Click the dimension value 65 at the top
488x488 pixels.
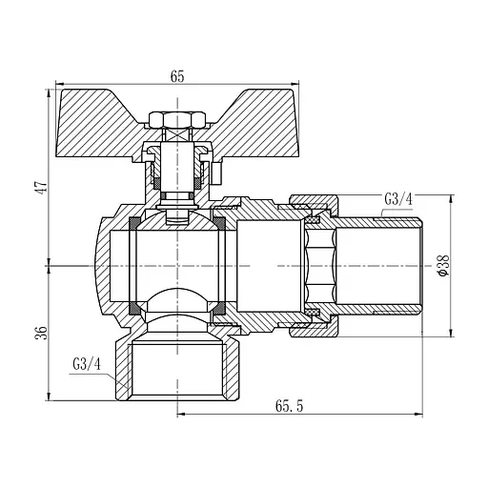177,76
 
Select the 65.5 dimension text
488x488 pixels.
289,406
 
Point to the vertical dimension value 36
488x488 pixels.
42,333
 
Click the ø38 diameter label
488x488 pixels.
443,266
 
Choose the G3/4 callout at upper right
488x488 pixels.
398,199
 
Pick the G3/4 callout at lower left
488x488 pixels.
87,364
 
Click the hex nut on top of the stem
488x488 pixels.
176,120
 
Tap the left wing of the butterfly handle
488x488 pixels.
98,124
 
